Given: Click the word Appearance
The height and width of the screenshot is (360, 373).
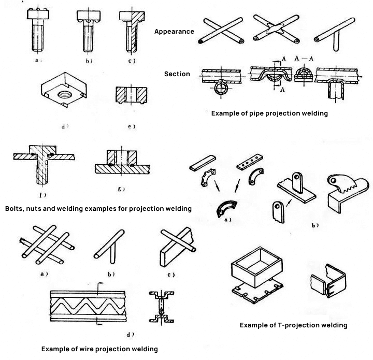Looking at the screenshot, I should pos(174,32).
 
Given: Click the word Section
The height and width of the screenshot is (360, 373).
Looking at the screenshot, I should pos(177,74).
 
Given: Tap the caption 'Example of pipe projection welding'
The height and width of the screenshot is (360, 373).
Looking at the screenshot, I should pos(269,113).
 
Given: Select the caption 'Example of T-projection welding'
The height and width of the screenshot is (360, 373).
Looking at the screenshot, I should pos(293,325).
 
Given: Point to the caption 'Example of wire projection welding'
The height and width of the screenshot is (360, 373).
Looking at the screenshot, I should pos(99,349).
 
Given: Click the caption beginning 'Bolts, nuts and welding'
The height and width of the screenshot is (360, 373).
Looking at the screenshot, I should pos(98,209).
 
